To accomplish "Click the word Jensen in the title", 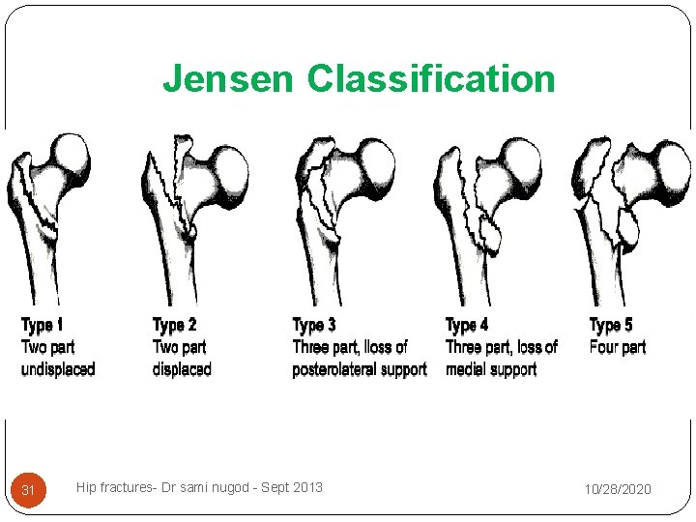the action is click(x=229, y=78).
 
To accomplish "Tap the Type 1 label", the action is click(x=43, y=325).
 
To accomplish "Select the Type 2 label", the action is click(x=174, y=325).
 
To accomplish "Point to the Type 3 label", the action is click(x=314, y=325).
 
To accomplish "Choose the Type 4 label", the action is click(x=466, y=325).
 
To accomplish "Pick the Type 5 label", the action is click(x=611, y=325).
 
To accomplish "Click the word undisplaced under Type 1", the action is click(x=58, y=368).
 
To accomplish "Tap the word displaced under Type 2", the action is click(x=182, y=368).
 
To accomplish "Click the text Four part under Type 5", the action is click(x=617, y=347).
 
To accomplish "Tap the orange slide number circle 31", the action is click(x=28, y=490).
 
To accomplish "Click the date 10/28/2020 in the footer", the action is click(x=617, y=490).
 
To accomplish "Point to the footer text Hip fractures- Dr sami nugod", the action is click(x=155, y=487).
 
